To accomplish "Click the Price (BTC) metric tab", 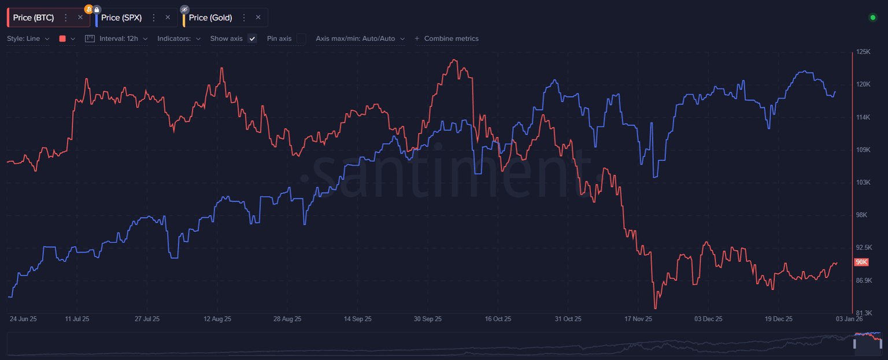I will (x=34, y=18).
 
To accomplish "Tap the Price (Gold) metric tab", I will (x=210, y=18).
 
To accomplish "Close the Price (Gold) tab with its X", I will (x=258, y=18).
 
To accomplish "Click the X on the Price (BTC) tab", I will (x=80, y=18).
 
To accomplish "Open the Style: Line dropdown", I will (x=28, y=39).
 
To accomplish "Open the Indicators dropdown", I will (x=179, y=39).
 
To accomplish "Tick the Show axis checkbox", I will (x=252, y=39).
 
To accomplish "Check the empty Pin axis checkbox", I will (x=301, y=39).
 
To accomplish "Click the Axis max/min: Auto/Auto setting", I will (x=360, y=39).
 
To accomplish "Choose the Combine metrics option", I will (x=447, y=39).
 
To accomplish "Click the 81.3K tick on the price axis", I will (x=863, y=313).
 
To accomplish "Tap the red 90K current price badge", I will (x=861, y=262).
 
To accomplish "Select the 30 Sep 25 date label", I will (x=428, y=319).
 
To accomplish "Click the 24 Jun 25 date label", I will (x=23, y=319).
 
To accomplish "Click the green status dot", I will (x=873, y=18).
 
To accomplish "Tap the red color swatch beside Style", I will (x=62, y=39).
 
